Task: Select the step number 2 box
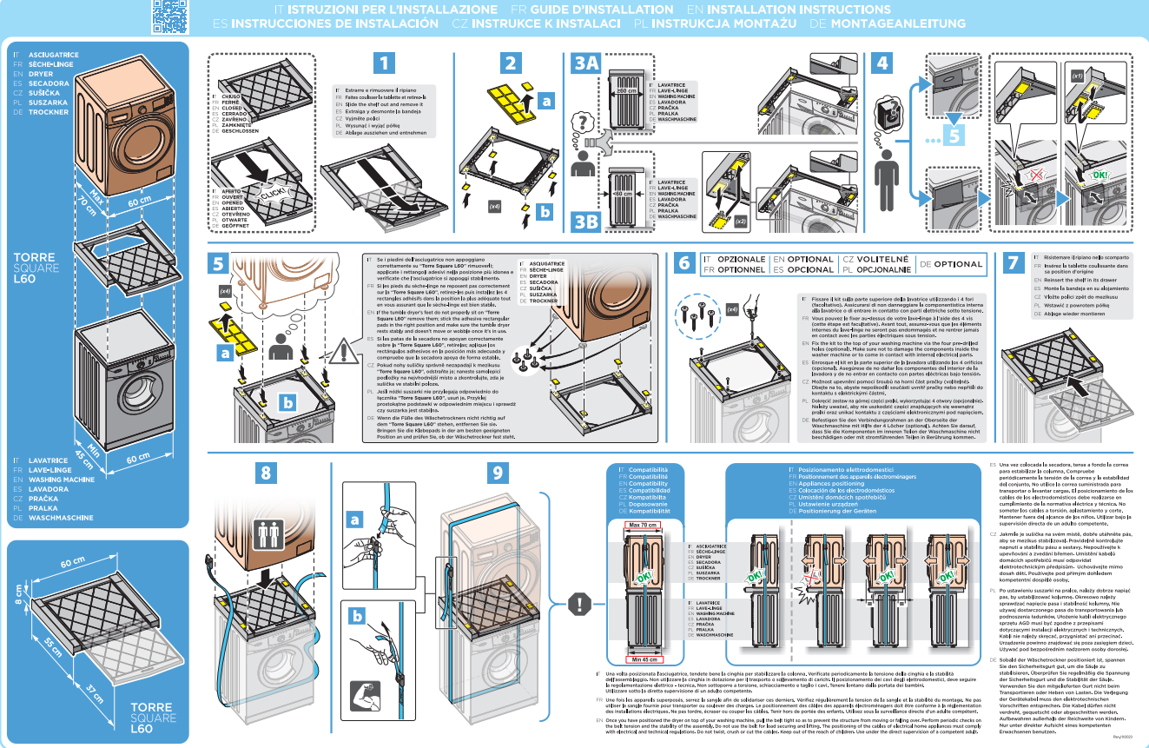tap(511, 63)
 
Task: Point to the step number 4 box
tap(883, 63)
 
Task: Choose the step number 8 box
tap(266, 473)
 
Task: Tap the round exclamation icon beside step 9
tap(579, 602)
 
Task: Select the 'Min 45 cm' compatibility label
tap(644, 660)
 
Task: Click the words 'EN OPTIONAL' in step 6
tap(803, 260)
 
